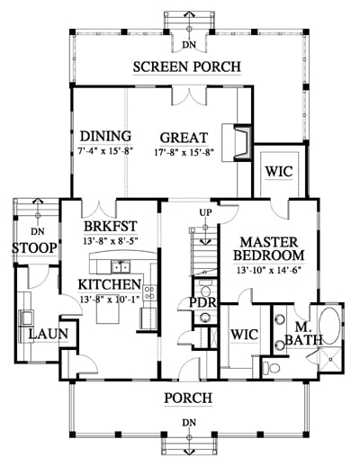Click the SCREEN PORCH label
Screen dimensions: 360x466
tap(187, 67)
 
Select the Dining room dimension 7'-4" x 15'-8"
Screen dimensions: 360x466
tap(105, 151)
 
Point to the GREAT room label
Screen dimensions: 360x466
tap(184, 138)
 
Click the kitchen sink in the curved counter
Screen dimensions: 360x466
tap(121, 267)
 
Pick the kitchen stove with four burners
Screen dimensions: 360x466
tap(150, 293)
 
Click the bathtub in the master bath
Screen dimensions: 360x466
tap(329, 326)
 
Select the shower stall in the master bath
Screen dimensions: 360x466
tap(329, 359)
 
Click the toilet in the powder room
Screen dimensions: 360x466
tap(205, 289)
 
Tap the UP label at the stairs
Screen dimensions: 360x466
tap(205, 212)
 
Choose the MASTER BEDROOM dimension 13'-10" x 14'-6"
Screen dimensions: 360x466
tap(269, 271)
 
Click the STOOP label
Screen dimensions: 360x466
tap(34, 248)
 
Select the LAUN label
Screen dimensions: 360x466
tap(49, 334)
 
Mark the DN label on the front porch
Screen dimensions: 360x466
tap(189, 423)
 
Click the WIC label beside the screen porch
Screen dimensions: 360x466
tap(279, 172)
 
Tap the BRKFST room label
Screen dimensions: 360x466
tap(111, 227)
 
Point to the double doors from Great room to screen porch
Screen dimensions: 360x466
tap(189, 96)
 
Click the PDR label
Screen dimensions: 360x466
tap(202, 303)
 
